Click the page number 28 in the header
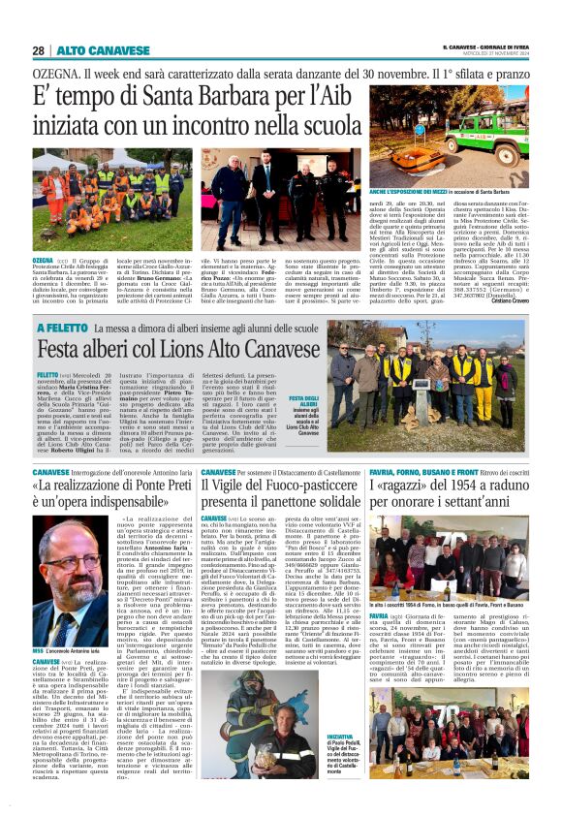tap(38, 49)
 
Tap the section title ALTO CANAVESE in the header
tap(88, 49)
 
